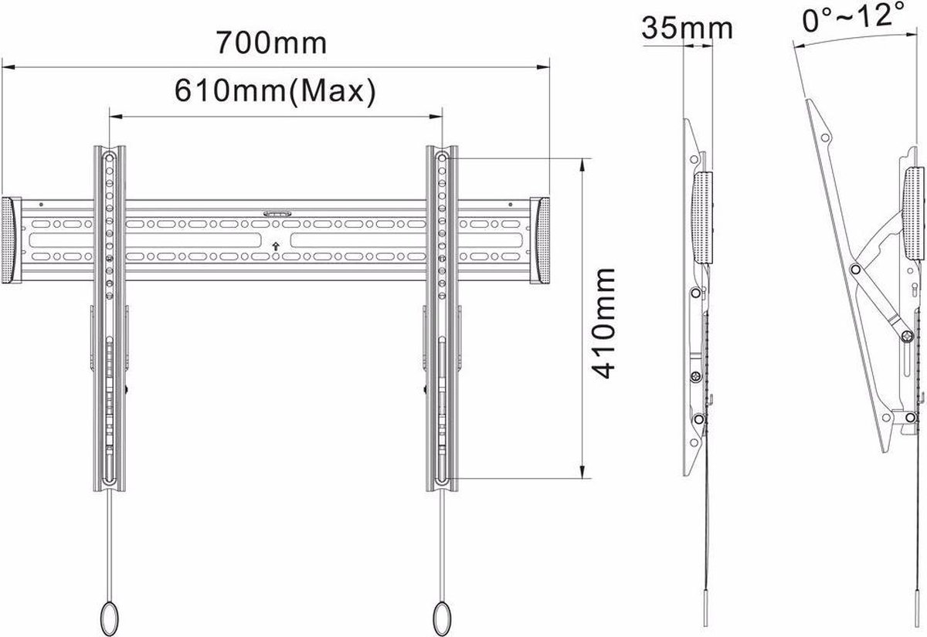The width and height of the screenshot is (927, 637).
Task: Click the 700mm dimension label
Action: (271, 42)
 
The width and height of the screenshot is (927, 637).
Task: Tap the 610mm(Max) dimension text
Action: (275, 91)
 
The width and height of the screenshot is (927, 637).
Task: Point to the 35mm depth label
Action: (687, 28)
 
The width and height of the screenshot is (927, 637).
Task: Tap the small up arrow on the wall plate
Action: (276, 246)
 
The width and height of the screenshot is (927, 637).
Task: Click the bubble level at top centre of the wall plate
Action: (277, 213)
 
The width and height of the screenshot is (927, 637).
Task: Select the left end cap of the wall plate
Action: (11, 240)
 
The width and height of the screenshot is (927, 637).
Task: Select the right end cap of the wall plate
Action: (540, 240)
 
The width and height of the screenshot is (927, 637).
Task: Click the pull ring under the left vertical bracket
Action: (110, 619)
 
